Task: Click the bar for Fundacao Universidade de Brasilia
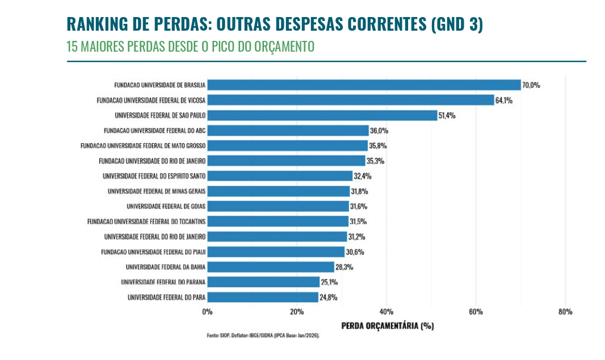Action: click(364, 85)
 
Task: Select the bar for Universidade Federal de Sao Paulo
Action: click(322, 115)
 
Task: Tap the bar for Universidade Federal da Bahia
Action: click(271, 267)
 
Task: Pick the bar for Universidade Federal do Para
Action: click(263, 297)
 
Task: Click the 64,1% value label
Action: click(504, 101)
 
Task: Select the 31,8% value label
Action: click(360, 191)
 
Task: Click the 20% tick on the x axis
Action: click(297, 312)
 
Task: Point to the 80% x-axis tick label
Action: click(565, 312)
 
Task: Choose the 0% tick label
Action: click(207, 312)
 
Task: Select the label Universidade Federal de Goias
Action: click(166, 206)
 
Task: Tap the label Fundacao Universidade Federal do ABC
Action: click(154, 131)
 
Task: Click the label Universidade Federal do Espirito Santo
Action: click(154, 176)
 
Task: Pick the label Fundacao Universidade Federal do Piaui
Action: click(153, 252)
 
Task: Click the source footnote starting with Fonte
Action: click(263, 336)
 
